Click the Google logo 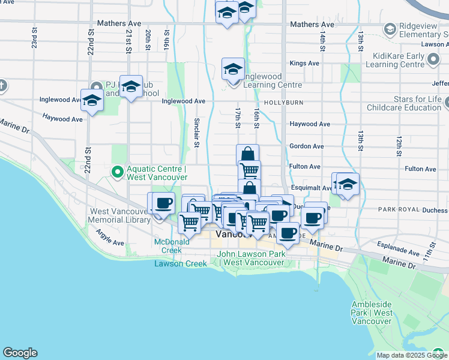(x=20, y=353)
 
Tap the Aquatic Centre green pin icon (x=117, y=173)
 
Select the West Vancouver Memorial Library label (x=120, y=216)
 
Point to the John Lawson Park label (x=251, y=259)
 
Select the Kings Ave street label (x=304, y=63)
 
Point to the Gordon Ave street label (x=306, y=146)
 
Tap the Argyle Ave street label (x=109, y=243)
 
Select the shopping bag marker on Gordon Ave (x=247, y=155)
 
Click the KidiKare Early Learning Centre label (x=406, y=60)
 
